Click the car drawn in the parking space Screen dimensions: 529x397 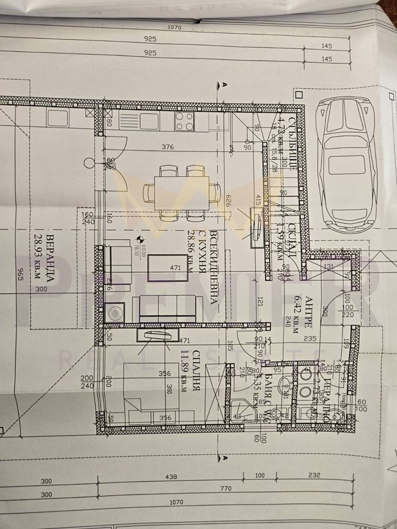(345, 162)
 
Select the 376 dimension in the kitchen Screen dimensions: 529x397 (168, 147)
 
